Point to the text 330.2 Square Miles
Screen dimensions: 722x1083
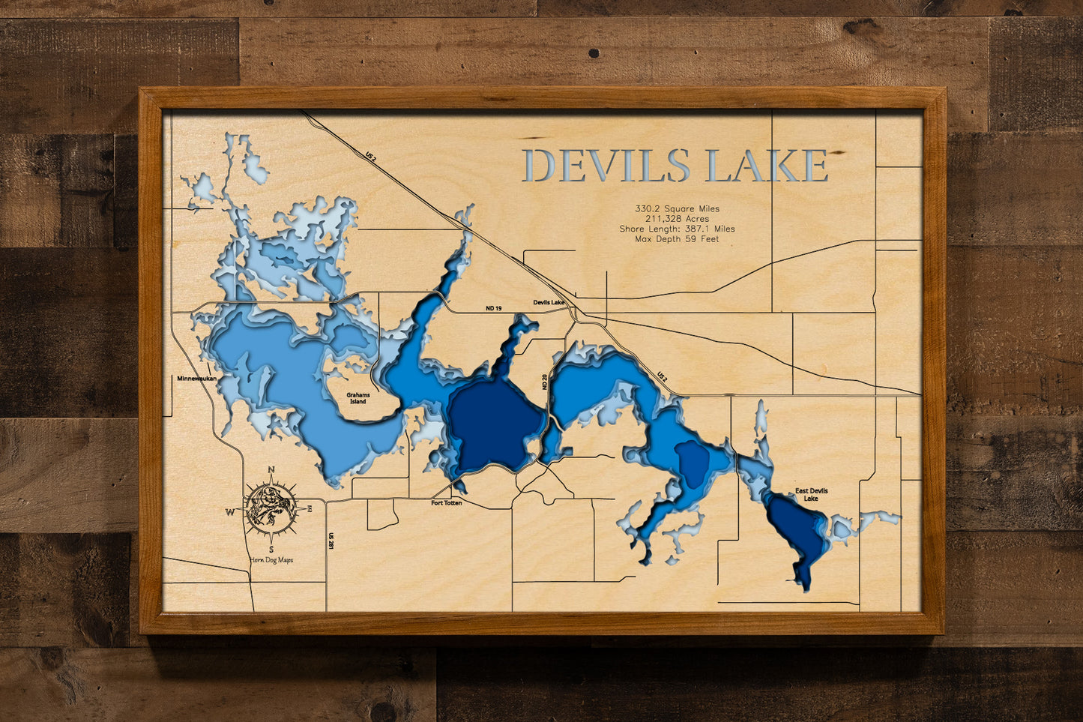[677, 209]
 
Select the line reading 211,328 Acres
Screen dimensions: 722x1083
[677, 219]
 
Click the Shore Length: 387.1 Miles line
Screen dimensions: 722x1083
[677, 229]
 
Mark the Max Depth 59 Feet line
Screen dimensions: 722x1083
[677, 239]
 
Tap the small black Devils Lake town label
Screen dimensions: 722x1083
[549, 302]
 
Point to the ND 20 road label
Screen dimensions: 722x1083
[545, 382]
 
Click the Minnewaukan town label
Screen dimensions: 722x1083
[197, 379]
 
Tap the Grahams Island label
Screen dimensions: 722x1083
[358, 398]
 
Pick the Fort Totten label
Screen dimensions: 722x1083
[447, 503]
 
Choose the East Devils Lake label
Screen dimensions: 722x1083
[812, 495]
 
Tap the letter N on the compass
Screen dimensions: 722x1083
[271, 470]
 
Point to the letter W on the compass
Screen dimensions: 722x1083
[229, 512]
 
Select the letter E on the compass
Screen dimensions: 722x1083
[310, 509]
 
